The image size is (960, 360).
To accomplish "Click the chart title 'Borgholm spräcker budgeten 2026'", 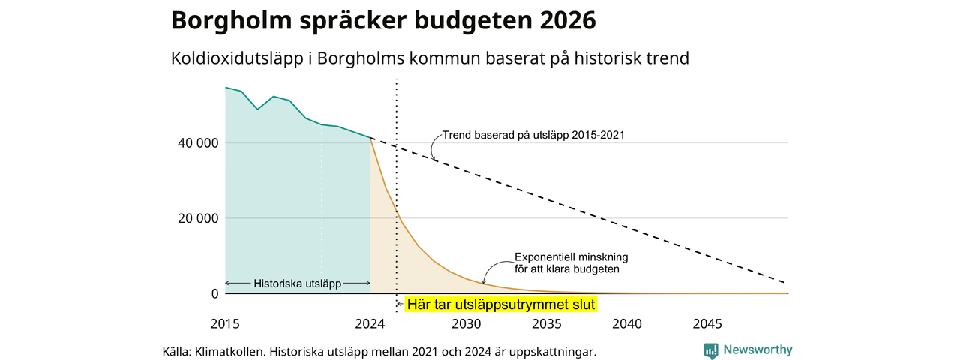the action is click(x=383, y=20).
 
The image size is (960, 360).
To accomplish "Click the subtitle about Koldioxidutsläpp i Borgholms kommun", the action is click(x=430, y=58).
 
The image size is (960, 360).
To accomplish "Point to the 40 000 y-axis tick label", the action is click(x=198, y=143).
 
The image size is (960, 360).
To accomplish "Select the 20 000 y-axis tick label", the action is click(x=198, y=218).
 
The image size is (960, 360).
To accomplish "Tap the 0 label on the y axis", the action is click(x=214, y=293).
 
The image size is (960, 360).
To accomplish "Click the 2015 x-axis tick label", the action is click(x=225, y=323).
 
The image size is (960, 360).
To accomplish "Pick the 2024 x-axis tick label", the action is click(x=370, y=323).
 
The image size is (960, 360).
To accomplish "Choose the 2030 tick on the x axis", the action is click(x=466, y=323).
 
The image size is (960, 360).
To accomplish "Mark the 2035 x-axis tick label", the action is click(x=547, y=323).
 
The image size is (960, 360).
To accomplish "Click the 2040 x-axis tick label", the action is click(x=627, y=323).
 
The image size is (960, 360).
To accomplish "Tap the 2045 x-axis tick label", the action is click(x=707, y=323).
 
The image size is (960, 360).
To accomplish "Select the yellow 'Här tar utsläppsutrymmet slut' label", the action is click(x=500, y=304).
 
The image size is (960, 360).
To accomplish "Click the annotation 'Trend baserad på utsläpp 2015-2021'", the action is click(x=533, y=136).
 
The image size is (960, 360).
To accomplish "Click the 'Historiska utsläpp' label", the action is click(x=298, y=283).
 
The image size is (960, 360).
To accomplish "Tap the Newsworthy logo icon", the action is click(x=711, y=350).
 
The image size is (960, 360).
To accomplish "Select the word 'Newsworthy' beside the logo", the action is click(x=757, y=349).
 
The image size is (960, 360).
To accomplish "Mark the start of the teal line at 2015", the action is click(x=226, y=88).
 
